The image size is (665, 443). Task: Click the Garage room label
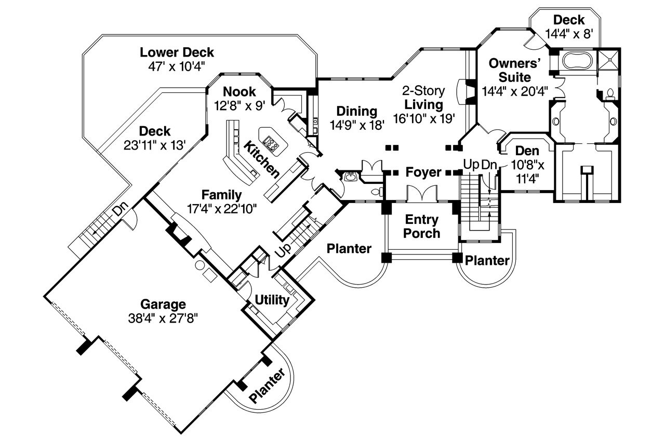pyautogui.click(x=163, y=304)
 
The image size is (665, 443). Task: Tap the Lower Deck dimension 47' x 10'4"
pyautogui.click(x=177, y=65)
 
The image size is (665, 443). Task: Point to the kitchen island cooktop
pyautogui.click(x=272, y=140)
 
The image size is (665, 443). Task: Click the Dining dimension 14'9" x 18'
pyautogui.click(x=356, y=125)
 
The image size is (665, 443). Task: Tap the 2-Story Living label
pyautogui.click(x=424, y=98)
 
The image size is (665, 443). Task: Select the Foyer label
pyautogui.click(x=423, y=172)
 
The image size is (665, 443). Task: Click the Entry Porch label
pyautogui.click(x=422, y=226)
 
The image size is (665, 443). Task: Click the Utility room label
pyautogui.click(x=272, y=300)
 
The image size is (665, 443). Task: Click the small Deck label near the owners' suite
pyautogui.click(x=568, y=20)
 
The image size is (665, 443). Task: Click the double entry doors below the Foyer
pyautogui.click(x=422, y=194)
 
